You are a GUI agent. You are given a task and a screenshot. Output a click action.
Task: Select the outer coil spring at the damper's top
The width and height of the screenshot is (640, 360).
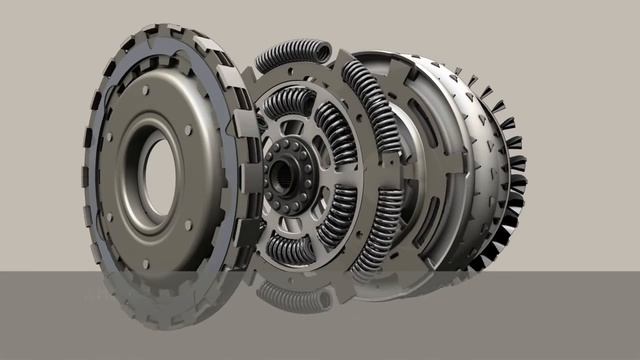292,56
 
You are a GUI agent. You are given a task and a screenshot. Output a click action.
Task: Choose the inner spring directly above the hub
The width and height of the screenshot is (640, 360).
289,104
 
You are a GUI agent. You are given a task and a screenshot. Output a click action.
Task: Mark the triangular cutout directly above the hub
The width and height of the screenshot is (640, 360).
291,129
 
